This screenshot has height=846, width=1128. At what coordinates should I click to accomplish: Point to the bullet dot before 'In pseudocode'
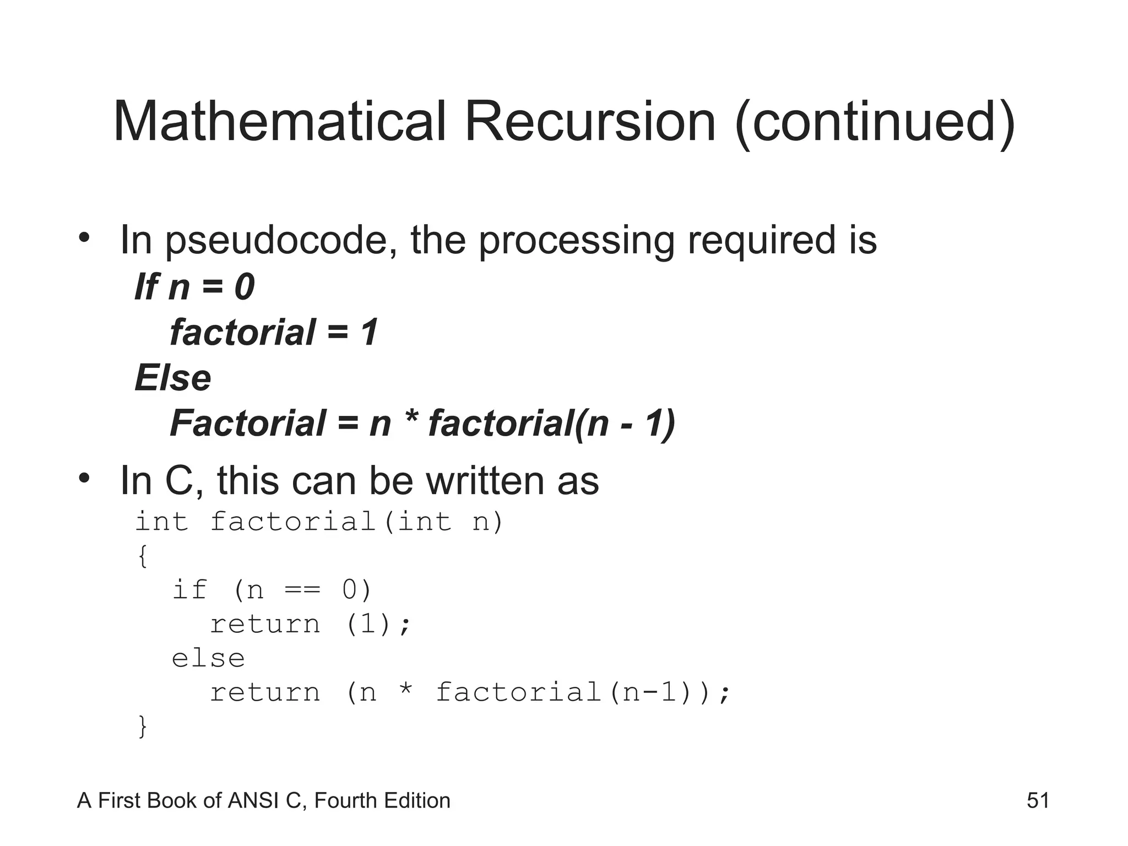pyautogui.click(x=84, y=238)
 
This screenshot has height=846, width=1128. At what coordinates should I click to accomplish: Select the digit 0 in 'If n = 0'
pyautogui.click(x=244, y=287)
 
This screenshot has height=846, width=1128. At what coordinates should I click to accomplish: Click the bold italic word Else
pyautogui.click(x=173, y=378)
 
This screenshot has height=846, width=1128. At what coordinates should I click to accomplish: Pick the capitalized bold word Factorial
pyautogui.click(x=248, y=424)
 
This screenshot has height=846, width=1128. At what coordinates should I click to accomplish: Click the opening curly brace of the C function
pyautogui.click(x=143, y=556)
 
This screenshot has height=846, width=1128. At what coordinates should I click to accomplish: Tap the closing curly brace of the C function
pyautogui.click(x=143, y=726)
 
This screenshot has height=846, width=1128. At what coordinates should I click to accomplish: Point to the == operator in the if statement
pyautogui.click(x=302, y=590)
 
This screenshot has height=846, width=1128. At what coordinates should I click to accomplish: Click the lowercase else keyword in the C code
pyautogui.click(x=208, y=659)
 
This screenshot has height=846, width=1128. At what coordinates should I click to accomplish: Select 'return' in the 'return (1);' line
pyautogui.click(x=265, y=625)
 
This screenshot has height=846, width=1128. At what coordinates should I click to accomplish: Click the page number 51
pyautogui.click(x=1038, y=800)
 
